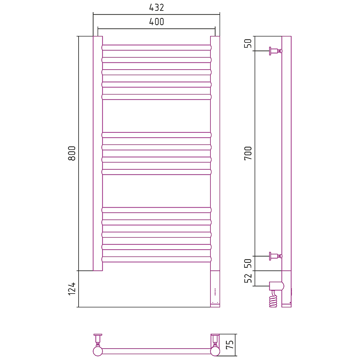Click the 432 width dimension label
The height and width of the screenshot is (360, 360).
[x=156, y=8]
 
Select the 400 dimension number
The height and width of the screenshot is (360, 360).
[x=156, y=22]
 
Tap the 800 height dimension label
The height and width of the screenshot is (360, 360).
[x=72, y=153]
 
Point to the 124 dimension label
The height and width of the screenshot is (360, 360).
[x=72, y=288]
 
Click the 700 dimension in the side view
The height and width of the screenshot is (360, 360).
[x=248, y=153]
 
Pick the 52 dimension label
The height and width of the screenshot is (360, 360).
[x=248, y=278]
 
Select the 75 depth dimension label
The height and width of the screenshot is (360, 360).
[x=230, y=344]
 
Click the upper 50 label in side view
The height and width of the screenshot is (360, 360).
[x=248, y=43]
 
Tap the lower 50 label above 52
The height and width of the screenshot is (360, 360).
[x=248, y=263]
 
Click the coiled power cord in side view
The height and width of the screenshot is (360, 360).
[x=273, y=299]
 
